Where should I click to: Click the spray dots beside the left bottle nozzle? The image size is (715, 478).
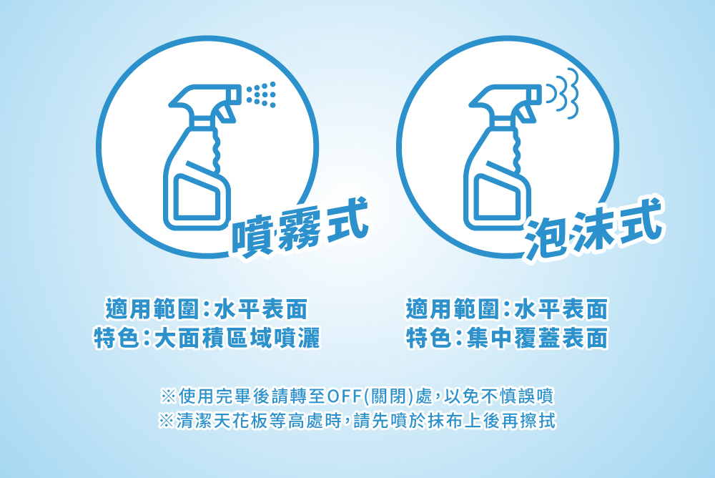click(261, 94)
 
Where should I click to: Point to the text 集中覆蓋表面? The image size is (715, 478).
click(537, 338)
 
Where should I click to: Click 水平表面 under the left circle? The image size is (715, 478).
click(261, 309)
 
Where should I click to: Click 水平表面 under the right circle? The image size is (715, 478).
click(561, 309)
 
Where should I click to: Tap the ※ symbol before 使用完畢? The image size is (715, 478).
click(168, 396)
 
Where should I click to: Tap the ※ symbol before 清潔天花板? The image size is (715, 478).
click(166, 421)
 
